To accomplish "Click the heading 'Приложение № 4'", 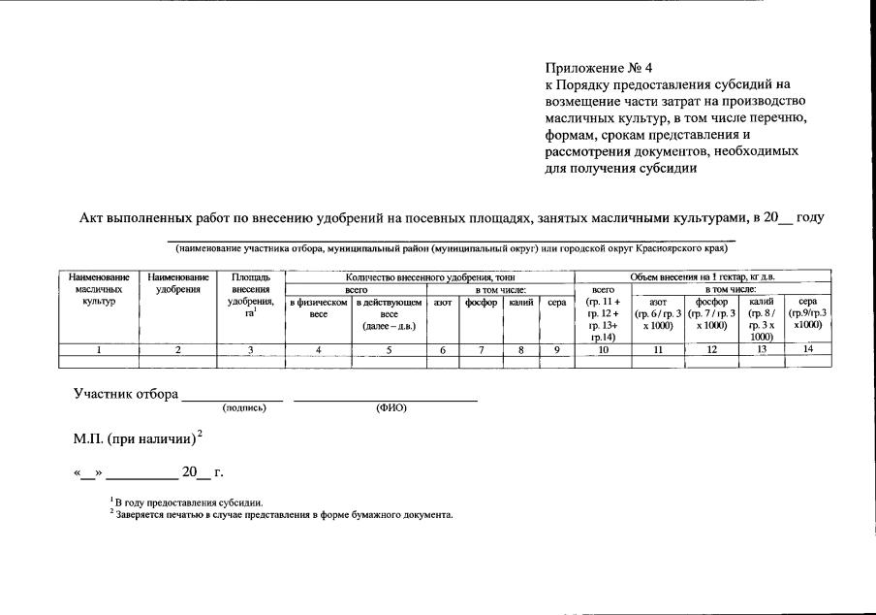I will pos(599,69).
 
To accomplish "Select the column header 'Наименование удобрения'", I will pos(177,283).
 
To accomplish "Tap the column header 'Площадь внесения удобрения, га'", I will pos(250,295).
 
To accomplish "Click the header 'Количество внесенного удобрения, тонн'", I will pos(429,277).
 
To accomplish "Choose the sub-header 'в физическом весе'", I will pos(318,308).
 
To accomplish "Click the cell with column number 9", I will pos(556,350).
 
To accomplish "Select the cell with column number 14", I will pos(807,350).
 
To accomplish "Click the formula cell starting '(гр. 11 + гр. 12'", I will pos(603,318).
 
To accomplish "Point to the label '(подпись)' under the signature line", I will pos(244,408).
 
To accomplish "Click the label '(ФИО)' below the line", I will pos(391,408).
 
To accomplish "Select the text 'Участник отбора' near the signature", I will pos(126,395).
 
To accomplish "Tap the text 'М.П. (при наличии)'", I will pos(135,438).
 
